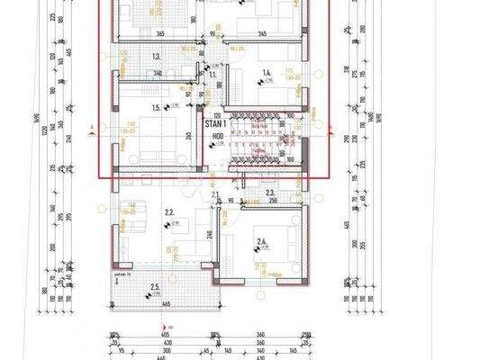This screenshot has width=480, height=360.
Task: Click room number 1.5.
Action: tap(157, 108)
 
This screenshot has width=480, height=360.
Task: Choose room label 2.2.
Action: tap(168, 213)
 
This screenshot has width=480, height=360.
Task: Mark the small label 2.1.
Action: tap(215, 193)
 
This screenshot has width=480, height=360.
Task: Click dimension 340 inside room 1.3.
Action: tap(158, 74)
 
